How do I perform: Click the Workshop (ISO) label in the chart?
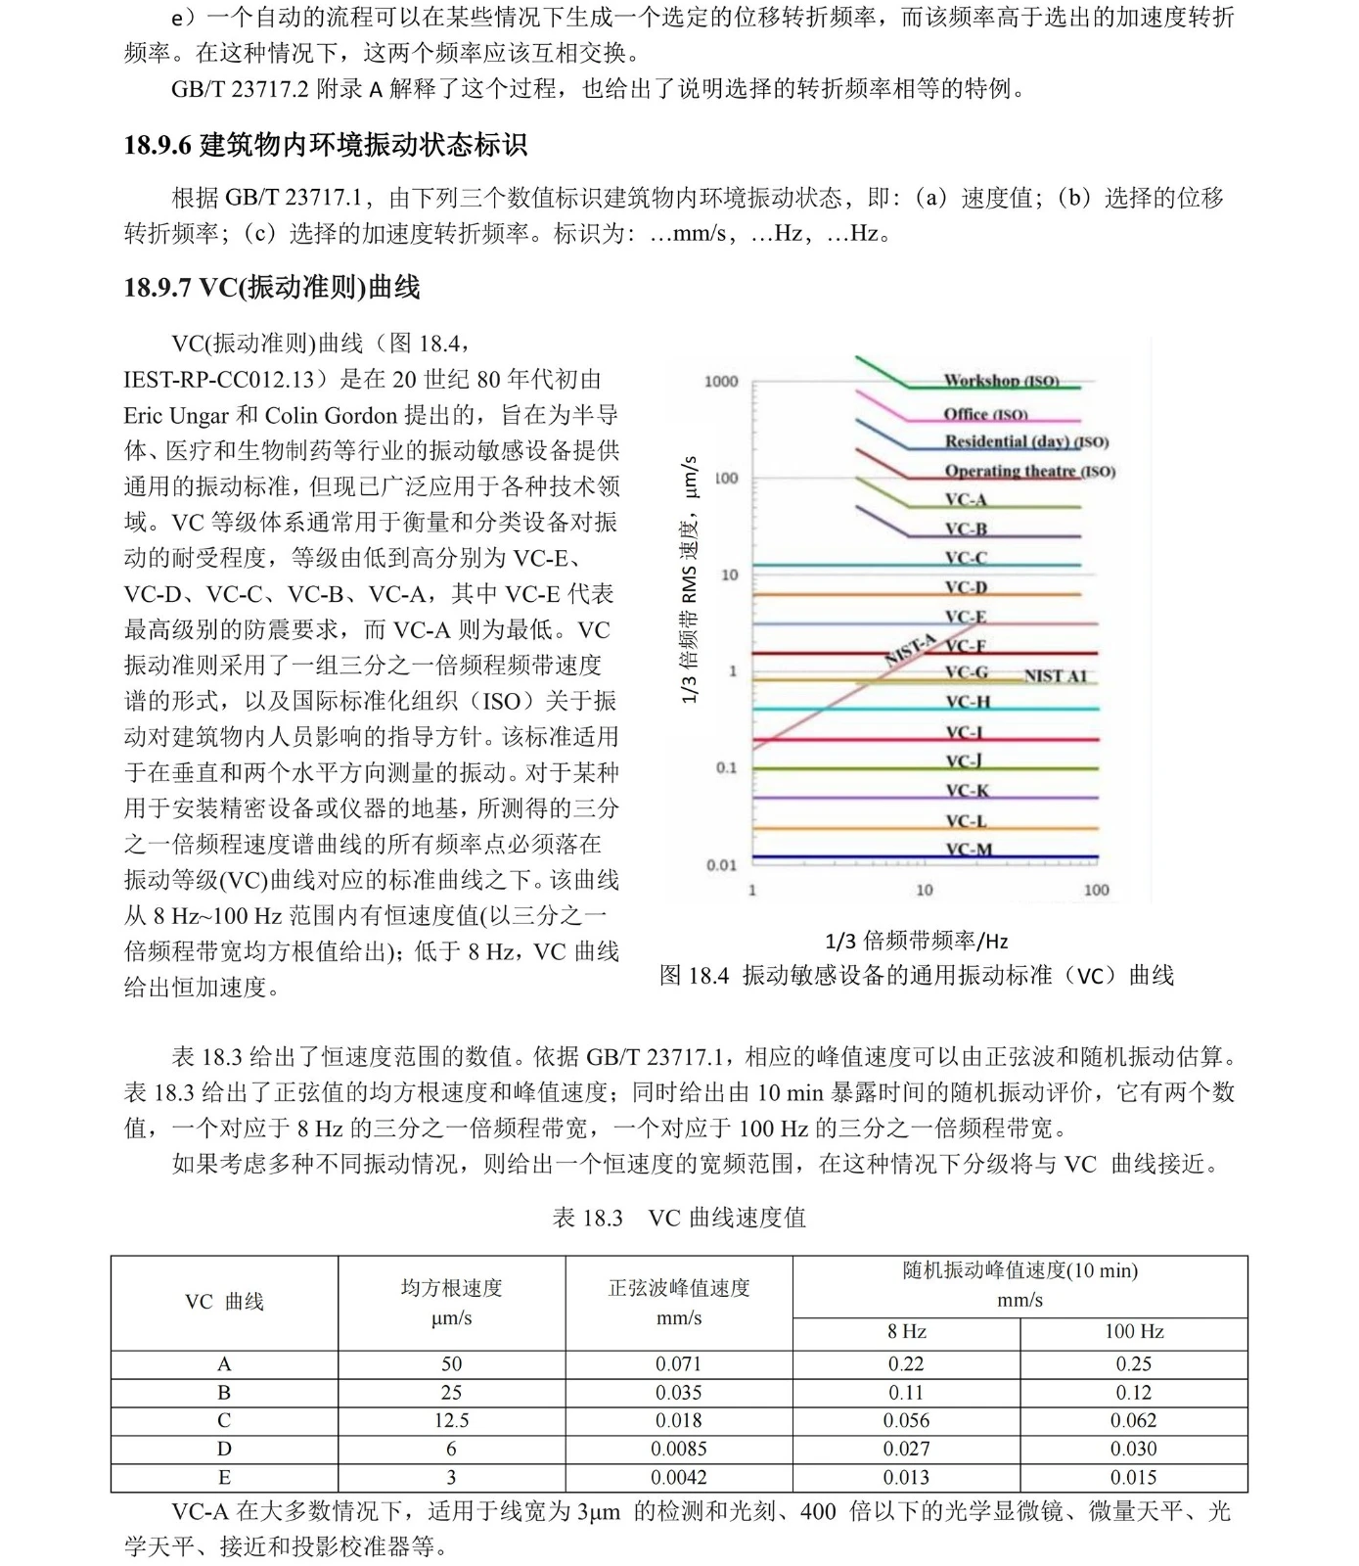1001,380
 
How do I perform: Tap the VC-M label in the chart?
969,850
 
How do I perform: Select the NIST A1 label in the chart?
1055,675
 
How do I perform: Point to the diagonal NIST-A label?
911,650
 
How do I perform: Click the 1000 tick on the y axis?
721,381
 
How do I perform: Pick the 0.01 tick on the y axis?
721,865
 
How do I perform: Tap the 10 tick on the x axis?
924,890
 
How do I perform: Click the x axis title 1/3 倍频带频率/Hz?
917,942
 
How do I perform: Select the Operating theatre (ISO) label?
1029,471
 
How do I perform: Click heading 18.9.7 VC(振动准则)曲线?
272,287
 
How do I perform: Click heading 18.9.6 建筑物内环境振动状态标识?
325,145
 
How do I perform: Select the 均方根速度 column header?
451,1288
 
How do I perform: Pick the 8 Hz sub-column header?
906,1331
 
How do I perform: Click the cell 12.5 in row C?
451,1420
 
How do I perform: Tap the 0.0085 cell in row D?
679,1449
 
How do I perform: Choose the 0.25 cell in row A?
1133,1363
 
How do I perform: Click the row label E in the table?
224,1477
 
